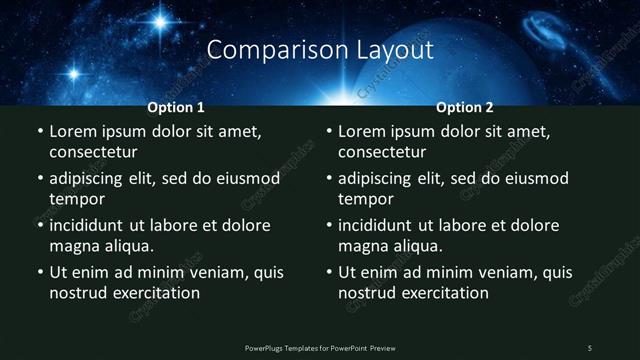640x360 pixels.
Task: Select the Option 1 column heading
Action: coord(176,107)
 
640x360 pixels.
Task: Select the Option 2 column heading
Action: coord(465,107)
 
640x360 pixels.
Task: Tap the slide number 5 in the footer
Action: coord(590,348)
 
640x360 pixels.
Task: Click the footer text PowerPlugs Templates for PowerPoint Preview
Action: coord(320,348)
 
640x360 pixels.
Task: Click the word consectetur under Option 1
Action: coord(93,152)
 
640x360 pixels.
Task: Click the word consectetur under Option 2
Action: coord(382,152)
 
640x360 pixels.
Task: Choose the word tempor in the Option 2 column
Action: coord(365,199)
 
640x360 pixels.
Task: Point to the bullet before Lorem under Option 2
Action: coord(328,132)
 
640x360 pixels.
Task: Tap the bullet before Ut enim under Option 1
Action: coord(39,272)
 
